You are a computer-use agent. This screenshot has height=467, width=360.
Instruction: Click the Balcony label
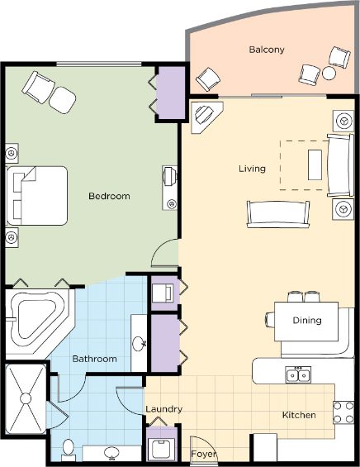[267, 50]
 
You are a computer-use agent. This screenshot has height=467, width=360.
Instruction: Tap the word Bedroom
[109, 196]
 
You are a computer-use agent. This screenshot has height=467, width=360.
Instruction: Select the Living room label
[252, 169]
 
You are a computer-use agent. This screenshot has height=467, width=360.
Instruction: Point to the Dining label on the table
[307, 320]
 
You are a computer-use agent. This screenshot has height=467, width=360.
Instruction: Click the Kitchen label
[299, 415]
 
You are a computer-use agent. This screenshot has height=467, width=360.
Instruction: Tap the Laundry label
[164, 409]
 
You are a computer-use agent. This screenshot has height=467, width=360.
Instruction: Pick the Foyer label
[203, 455]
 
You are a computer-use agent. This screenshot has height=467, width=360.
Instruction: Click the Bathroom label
[95, 359]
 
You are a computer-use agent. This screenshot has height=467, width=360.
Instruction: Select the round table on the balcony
[329, 74]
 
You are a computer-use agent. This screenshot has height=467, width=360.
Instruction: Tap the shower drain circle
[26, 398]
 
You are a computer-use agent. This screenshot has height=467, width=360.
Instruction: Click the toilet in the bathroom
[69, 449]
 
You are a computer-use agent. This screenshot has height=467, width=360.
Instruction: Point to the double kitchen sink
[298, 375]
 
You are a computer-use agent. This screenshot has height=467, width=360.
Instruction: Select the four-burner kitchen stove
[343, 412]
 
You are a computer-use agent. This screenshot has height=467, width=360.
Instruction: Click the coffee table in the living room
[315, 164]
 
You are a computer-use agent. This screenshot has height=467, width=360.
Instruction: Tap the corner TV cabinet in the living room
[206, 117]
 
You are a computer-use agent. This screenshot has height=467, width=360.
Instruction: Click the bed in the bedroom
[37, 196]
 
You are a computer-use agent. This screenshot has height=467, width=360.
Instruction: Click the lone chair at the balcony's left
[208, 79]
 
